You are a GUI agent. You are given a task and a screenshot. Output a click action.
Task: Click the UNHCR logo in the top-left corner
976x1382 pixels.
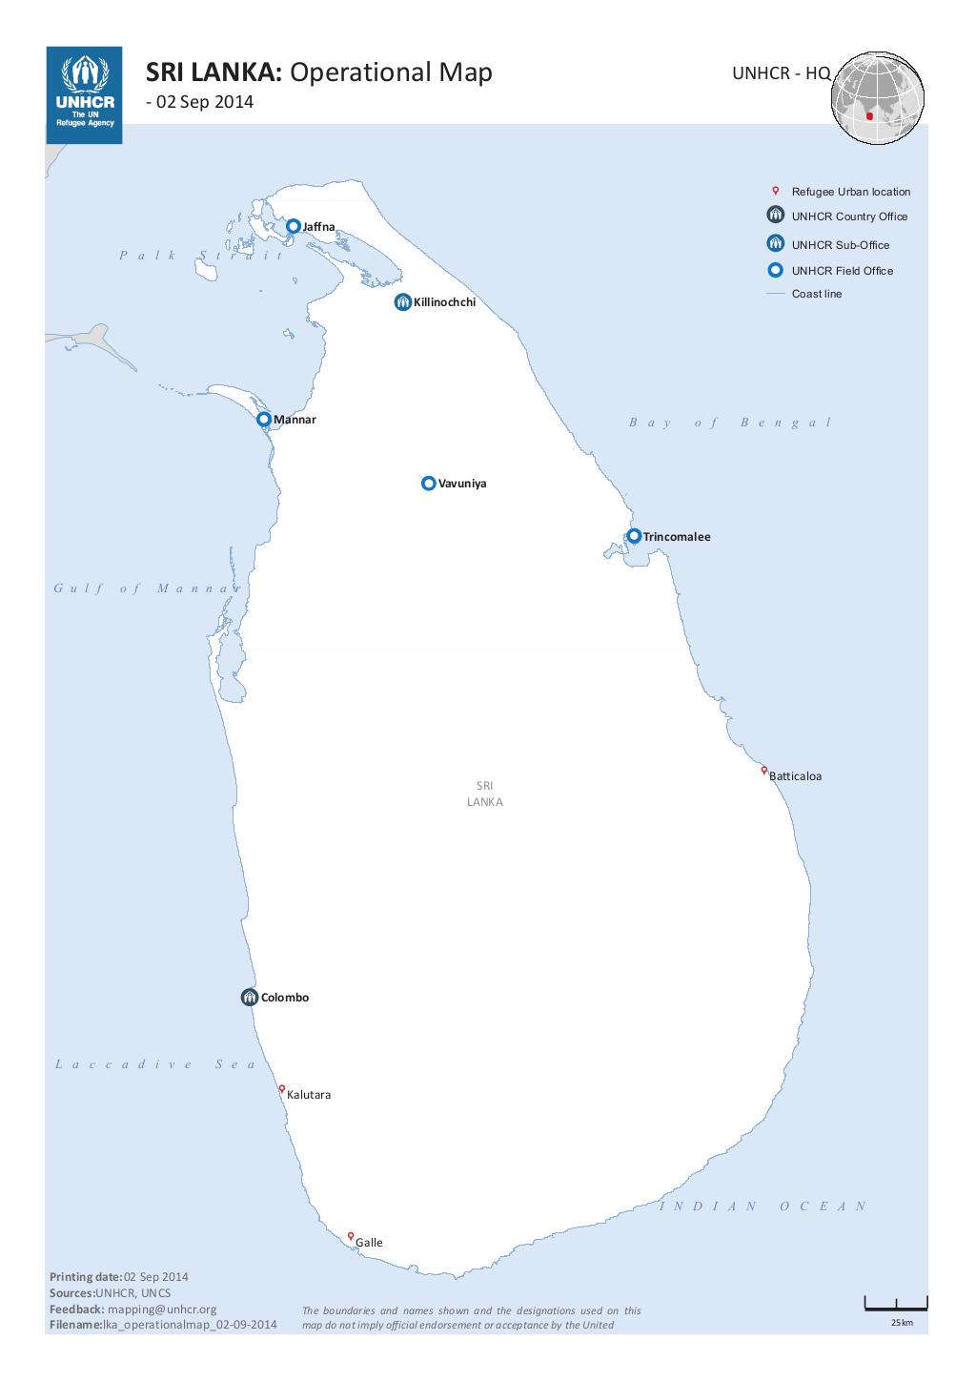pos(84,94)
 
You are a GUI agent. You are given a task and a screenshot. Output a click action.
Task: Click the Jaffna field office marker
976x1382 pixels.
pos(294,226)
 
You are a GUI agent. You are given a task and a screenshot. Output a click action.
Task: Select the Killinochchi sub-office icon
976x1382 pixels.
pos(403,302)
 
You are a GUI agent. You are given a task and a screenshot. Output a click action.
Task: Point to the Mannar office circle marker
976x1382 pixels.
pos(264,419)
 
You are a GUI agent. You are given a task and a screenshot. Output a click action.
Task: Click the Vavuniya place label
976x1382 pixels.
pos(462,484)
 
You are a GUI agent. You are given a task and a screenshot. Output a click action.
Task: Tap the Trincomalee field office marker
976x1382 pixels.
pos(634,536)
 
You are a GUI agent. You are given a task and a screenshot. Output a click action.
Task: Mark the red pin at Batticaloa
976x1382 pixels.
pos(764,770)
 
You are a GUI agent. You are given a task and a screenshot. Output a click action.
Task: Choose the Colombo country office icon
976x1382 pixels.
pos(250,998)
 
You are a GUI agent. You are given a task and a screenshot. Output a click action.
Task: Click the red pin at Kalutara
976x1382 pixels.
pos(282,1088)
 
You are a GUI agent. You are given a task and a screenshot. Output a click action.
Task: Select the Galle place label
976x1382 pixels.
pos(369,1243)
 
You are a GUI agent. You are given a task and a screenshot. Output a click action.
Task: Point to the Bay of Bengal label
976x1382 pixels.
pos(730,423)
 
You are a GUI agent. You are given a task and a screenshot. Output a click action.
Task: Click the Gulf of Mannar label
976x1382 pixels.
pos(147,588)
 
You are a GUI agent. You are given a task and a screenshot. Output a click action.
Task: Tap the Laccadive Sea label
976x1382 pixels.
pos(155,1064)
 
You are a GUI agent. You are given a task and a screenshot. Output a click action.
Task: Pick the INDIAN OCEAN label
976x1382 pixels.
pos(763,1207)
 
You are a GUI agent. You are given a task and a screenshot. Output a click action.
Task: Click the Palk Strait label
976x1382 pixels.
pos(201,255)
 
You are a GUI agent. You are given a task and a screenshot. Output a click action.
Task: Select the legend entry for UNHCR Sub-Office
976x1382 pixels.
pos(840,245)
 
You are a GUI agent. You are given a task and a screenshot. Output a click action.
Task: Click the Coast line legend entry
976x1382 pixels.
pos(816,294)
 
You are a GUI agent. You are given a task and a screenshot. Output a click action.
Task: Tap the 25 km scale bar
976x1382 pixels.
pos(895,1305)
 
